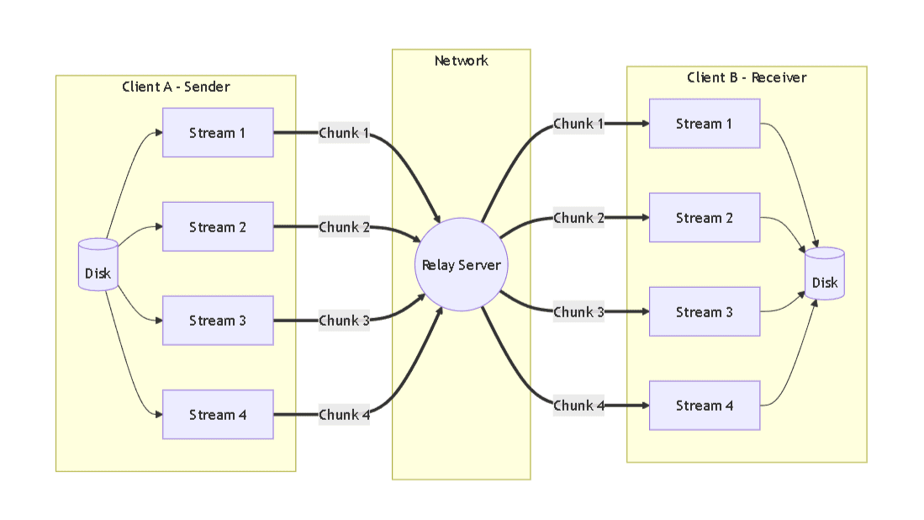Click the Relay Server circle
[461, 265]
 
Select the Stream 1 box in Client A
[218, 133]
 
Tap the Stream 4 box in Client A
[218, 415]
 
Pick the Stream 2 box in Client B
[705, 218]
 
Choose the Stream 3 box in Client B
[705, 312]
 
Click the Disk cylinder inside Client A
[98, 266]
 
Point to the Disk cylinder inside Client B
[825, 274]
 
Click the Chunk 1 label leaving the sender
[344, 133]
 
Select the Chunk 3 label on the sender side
[344, 321]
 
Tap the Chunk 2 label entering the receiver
[578, 218]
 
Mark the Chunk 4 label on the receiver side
[578, 406]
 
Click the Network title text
[461, 61]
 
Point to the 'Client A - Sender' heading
[176, 87]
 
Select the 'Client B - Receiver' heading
[747, 77]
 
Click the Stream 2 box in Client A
[218, 227]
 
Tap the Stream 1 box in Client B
[705, 124]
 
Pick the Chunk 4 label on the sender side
[344, 415]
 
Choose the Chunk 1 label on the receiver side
[578, 124]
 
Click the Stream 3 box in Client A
[218, 321]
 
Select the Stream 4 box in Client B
[705, 406]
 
